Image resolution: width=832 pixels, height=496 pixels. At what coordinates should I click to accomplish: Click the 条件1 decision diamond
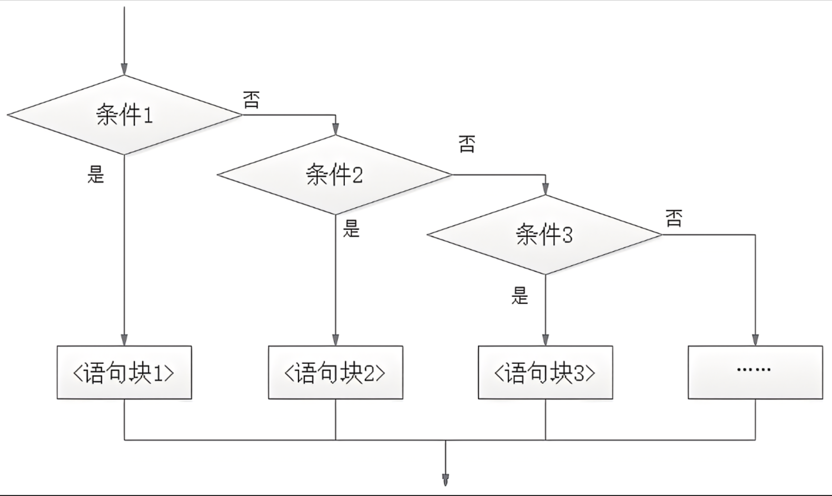click(124, 115)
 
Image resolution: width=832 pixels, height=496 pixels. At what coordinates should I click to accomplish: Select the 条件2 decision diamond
click(335, 175)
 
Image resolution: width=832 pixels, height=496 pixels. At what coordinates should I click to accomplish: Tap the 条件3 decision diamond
click(545, 235)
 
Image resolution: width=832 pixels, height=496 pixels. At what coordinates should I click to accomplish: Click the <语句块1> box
click(124, 372)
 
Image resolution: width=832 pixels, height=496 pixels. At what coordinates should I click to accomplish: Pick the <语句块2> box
click(335, 372)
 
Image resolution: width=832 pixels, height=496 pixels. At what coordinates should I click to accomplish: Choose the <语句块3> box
click(545, 372)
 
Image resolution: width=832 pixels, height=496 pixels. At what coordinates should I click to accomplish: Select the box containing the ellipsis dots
click(755, 372)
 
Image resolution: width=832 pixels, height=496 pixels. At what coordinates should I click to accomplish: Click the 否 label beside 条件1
click(251, 100)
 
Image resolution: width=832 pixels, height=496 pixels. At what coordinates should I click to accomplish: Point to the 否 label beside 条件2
click(467, 144)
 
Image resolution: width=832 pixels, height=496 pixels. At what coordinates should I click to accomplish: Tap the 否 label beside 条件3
click(674, 218)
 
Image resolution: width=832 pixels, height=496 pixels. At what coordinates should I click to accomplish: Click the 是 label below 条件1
click(96, 174)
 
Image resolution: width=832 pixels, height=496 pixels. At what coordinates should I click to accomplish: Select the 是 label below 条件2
click(351, 229)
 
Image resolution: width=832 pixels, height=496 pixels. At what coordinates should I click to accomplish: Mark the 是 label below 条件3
click(519, 296)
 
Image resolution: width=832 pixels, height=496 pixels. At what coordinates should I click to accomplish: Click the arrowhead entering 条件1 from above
click(124, 70)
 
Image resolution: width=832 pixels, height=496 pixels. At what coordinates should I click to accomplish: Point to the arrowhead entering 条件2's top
click(335, 130)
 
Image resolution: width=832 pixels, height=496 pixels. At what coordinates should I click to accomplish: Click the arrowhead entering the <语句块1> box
click(124, 340)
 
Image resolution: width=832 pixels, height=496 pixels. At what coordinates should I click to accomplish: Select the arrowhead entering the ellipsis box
click(755, 340)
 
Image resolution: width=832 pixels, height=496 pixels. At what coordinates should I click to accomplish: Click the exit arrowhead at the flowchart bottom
click(445, 480)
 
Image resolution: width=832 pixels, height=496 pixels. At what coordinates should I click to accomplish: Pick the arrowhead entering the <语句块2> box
click(335, 340)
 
